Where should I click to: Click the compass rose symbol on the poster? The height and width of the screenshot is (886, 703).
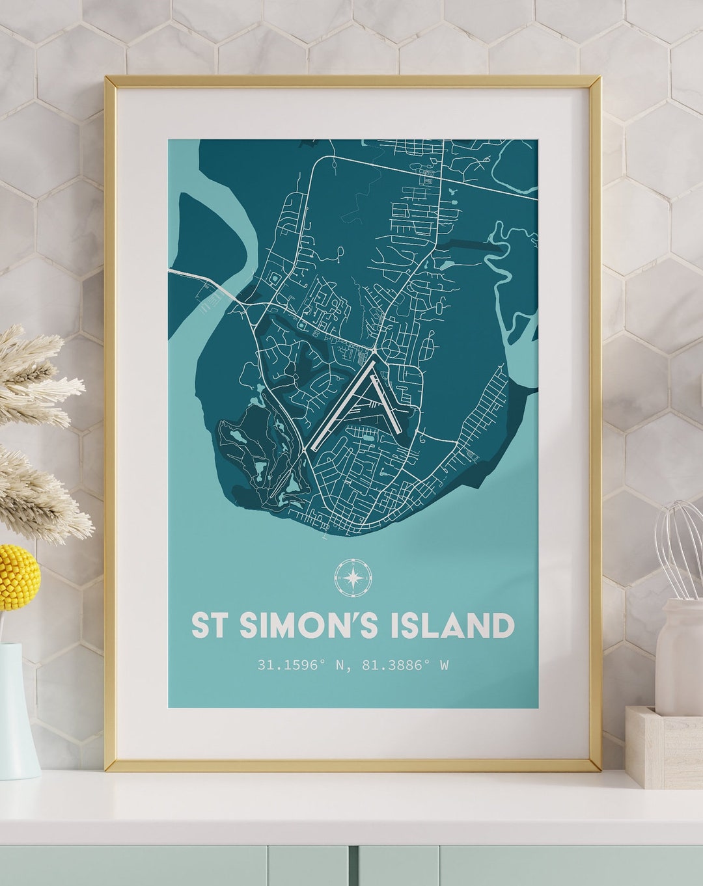(x=353, y=577)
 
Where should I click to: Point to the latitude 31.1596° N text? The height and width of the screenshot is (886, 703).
(x=300, y=665)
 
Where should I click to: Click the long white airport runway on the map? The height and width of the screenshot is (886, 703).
(x=342, y=407)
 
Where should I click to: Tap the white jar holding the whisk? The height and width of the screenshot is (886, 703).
(x=679, y=657)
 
